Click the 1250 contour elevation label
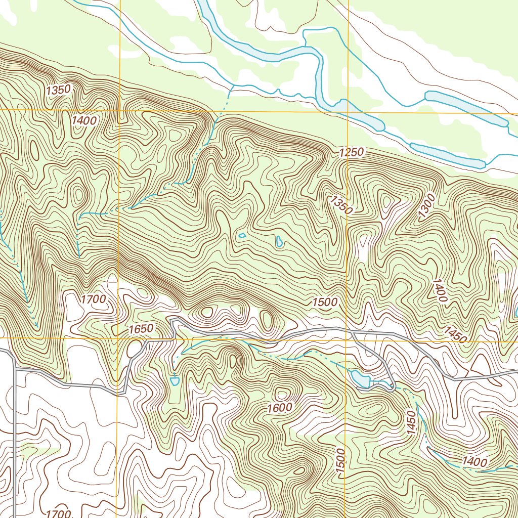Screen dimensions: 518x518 coord(352,152)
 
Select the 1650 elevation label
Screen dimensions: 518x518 coord(141,329)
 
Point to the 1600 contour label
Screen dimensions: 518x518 coord(280,407)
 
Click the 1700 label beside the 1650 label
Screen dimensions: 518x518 coord(93,299)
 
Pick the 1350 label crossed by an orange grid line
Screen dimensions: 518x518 coord(340,204)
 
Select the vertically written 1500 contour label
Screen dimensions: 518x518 coord(340,461)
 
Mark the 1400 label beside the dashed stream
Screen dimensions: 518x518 coord(474,462)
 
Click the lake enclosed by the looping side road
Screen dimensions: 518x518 coord(358,377)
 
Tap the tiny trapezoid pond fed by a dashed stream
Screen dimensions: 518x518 coord(175,380)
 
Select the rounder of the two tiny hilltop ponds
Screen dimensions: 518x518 coord(242,235)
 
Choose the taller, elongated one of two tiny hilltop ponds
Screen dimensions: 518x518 coord(279,242)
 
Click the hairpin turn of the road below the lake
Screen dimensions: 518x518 coord(393,388)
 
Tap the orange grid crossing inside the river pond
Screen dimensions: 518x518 coord(348,111)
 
